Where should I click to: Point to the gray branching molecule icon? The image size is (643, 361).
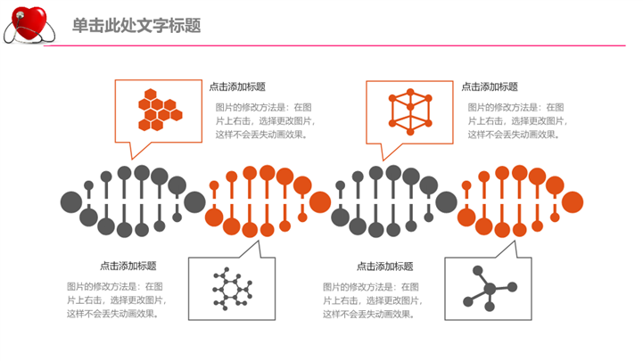click(x=488, y=289)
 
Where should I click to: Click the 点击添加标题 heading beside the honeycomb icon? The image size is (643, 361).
click(x=237, y=87)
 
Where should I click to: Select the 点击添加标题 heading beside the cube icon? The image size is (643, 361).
click(x=490, y=87)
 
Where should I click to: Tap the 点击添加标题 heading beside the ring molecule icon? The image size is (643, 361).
click(x=128, y=266)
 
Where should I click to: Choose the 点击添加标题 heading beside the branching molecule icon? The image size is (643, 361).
click(x=384, y=266)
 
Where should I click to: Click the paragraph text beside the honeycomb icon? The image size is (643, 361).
click(x=267, y=121)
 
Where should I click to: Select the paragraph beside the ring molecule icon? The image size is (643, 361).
click(x=116, y=300)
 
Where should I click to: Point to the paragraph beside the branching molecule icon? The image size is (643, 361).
click(x=372, y=300)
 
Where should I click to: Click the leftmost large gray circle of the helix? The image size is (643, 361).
click(x=70, y=201)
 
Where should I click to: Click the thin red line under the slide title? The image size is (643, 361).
click(x=357, y=45)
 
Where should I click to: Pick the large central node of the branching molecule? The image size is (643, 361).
click(x=489, y=289)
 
